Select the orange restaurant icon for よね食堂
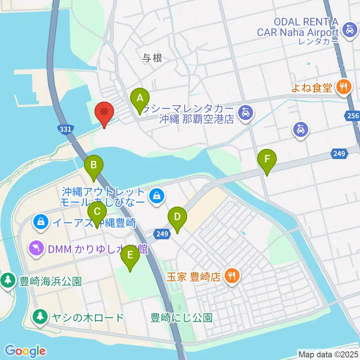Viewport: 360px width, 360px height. click(343, 87)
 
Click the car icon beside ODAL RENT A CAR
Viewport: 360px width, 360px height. click(349, 28)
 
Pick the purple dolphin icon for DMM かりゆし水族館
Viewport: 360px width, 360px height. click(36, 247)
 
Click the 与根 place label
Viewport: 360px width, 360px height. click(153, 58)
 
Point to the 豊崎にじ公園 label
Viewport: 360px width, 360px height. click(181, 318)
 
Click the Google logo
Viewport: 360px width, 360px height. click(25, 351)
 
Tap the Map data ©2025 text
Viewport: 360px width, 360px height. click(328, 353)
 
